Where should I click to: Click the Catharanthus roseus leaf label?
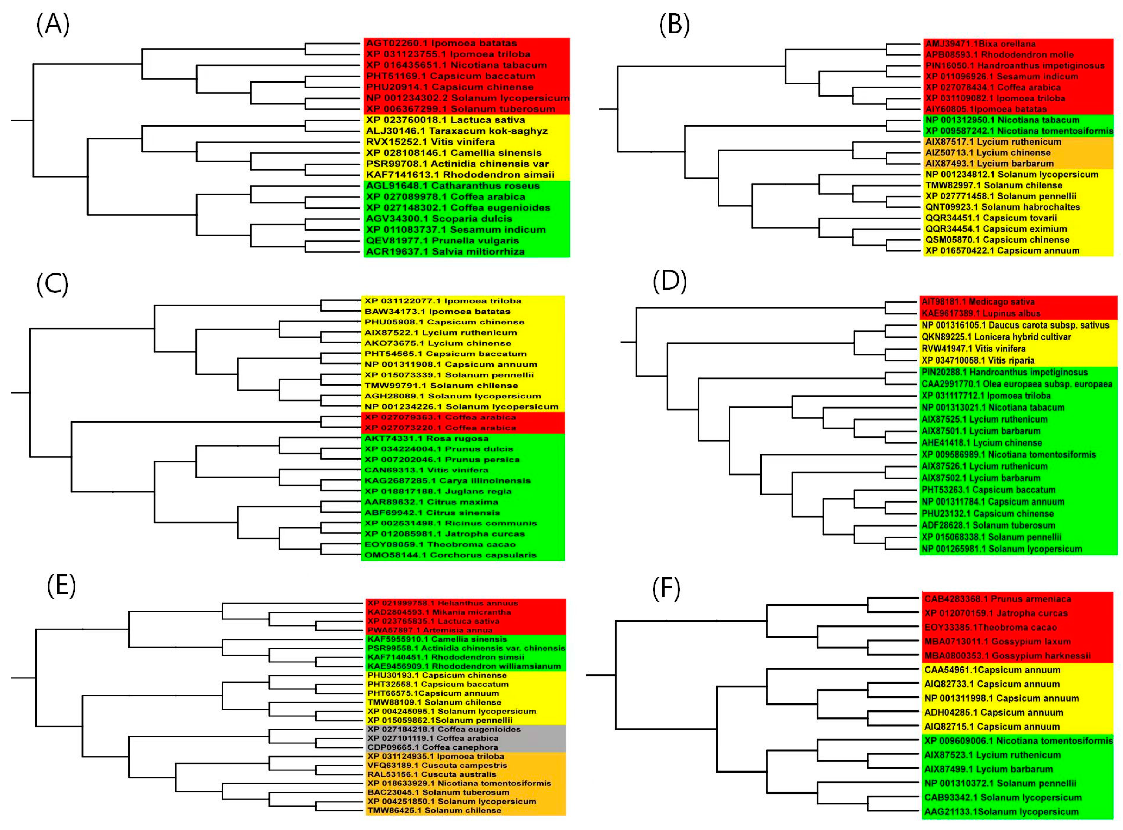click(452, 186)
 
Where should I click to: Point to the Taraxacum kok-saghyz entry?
click(457, 131)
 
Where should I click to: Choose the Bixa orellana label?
click(980, 44)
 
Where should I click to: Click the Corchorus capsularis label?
click(450, 555)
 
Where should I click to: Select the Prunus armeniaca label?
click(990, 599)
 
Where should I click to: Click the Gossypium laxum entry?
click(990, 642)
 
